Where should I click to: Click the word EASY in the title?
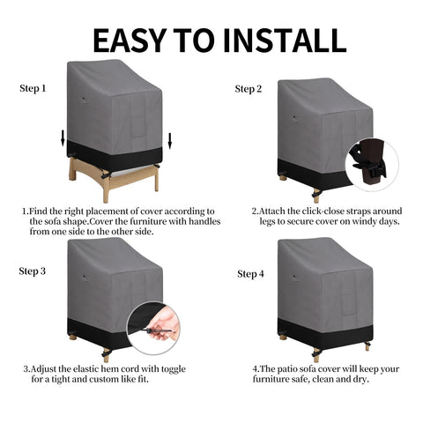[130, 41]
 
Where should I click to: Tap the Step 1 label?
[33, 88]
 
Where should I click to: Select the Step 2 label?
[249, 89]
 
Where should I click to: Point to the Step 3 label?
[33, 271]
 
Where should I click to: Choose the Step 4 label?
[250, 274]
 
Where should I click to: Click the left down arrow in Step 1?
[63, 138]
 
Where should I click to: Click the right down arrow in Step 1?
[169, 141]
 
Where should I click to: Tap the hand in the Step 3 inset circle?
[161, 326]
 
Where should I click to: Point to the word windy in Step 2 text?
[365, 221]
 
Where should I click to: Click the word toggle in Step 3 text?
[170, 369]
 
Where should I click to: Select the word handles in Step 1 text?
[204, 221]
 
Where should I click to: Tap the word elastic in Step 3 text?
[86, 368]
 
